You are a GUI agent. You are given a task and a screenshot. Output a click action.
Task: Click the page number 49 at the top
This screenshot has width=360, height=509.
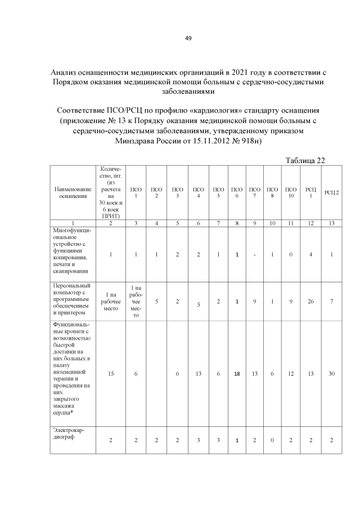[188, 38]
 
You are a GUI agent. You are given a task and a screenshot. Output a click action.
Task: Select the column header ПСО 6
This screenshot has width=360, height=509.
[237, 192]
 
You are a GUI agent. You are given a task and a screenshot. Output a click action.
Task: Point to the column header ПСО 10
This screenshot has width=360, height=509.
[291, 192]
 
